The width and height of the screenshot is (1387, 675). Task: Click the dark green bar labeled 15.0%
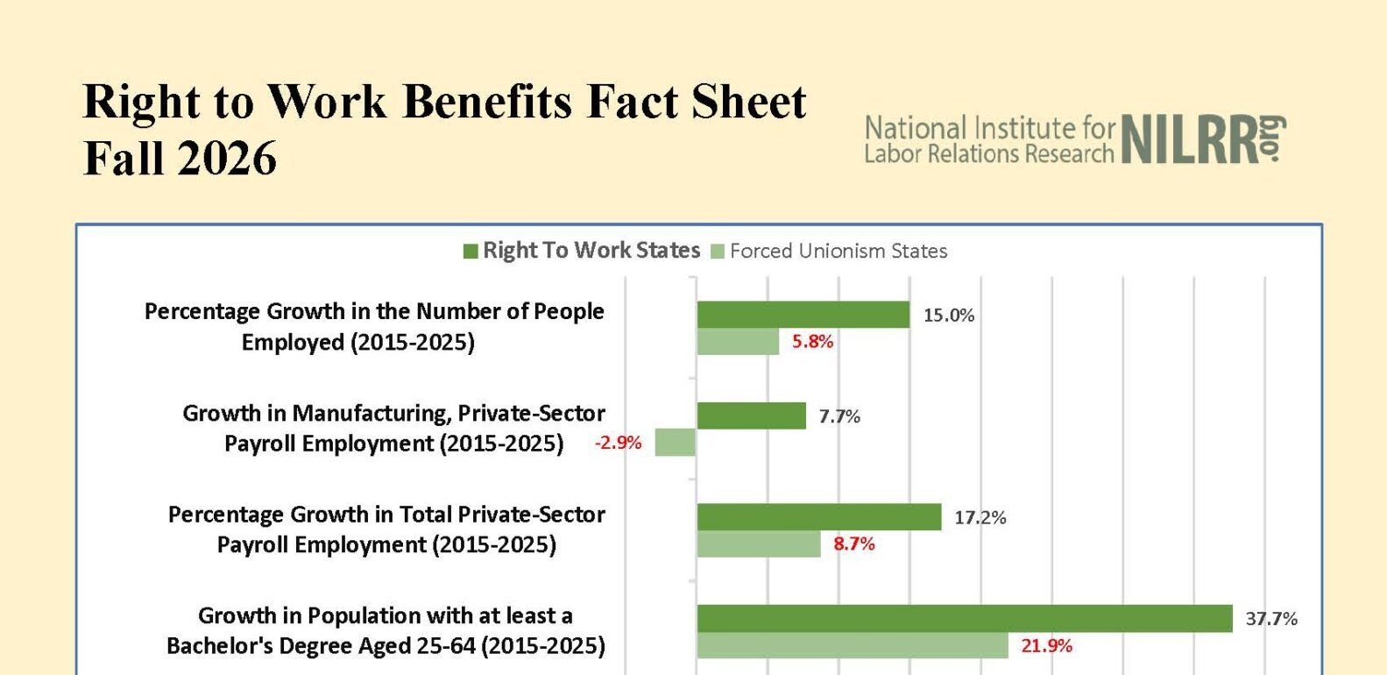(x=803, y=315)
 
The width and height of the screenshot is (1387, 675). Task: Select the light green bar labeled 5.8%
(x=738, y=341)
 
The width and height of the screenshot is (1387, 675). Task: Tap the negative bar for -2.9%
(x=676, y=442)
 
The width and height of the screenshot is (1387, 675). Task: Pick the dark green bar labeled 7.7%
(x=752, y=416)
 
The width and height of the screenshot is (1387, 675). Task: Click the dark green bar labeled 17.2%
(x=819, y=517)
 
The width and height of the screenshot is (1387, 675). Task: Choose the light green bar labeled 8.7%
(x=759, y=544)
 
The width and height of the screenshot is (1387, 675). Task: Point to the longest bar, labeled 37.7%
(x=965, y=619)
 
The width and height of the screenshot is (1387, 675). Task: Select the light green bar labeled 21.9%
(x=853, y=645)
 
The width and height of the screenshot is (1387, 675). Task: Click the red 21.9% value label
(x=1046, y=646)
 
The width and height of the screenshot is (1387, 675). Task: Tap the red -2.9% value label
(x=618, y=443)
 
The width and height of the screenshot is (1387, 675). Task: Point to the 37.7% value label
(x=1271, y=619)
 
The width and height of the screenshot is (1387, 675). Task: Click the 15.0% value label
(x=949, y=316)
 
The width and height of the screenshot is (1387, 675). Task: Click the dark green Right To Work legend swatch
(x=471, y=252)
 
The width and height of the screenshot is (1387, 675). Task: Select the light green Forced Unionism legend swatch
(x=717, y=252)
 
